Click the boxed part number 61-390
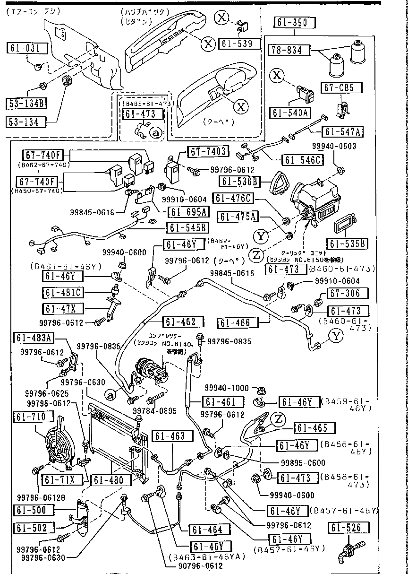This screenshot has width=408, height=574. (x=294, y=23)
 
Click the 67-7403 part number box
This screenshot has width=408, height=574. (x=208, y=151)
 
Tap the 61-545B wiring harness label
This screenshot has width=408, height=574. (x=187, y=227)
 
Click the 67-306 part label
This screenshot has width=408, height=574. (x=358, y=293)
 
